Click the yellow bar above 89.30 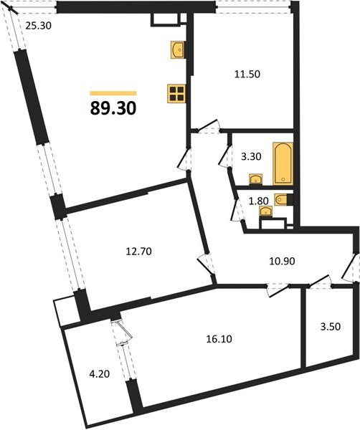(113, 92)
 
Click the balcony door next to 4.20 (121, 333)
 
